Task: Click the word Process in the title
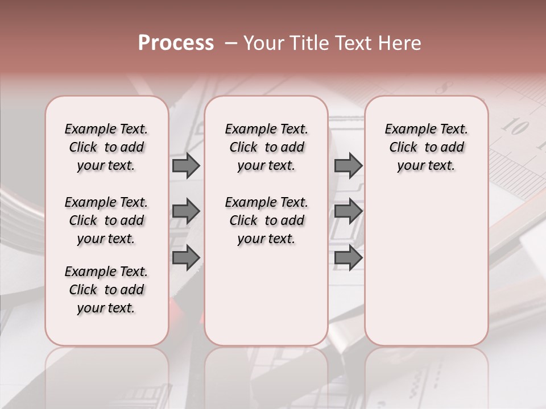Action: (x=176, y=43)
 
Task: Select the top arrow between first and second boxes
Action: (x=186, y=165)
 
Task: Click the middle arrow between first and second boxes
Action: (x=186, y=212)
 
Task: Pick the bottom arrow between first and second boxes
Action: (x=186, y=257)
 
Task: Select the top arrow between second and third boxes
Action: (x=348, y=165)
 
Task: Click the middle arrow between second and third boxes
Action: (x=348, y=212)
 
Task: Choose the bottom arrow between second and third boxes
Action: (x=348, y=257)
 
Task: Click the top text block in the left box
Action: (x=106, y=147)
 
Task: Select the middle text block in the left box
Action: (x=106, y=220)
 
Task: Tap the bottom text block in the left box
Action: (x=106, y=290)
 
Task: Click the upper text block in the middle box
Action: (x=266, y=147)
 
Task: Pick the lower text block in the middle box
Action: (x=266, y=220)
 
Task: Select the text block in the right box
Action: (x=426, y=147)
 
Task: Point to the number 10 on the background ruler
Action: (x=516, y=127)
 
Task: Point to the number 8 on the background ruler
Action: (x=445, y=88)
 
